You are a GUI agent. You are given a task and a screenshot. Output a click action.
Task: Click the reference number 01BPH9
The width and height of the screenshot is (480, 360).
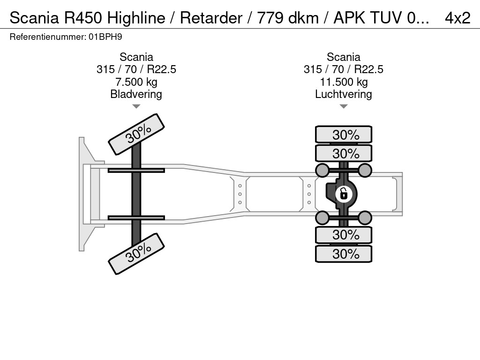click(105, 37)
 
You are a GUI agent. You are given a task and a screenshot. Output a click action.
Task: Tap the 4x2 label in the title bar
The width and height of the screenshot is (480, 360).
click(457, 18)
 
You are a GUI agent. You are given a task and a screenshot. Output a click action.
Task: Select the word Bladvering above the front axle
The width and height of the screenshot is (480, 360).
click(136, 94)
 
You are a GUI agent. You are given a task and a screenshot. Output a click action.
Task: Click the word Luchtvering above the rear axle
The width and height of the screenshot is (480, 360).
click(343, 94)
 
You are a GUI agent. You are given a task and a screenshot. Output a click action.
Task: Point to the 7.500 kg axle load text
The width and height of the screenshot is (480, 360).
click(136, 82)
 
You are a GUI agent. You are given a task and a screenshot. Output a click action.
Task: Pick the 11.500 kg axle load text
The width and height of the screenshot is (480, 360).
click(343, 82)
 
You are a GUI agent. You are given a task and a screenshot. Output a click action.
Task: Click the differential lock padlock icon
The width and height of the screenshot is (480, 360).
click(343, 193)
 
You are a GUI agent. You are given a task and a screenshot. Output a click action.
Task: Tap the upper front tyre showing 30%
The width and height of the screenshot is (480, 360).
click(137, 134)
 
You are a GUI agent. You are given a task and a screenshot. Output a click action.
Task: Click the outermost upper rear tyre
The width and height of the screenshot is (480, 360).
click(344, 135)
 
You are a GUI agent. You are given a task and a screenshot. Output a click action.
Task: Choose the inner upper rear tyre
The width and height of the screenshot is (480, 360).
click(344, 153)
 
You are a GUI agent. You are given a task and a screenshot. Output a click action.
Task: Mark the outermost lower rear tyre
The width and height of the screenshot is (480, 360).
click(344, 254)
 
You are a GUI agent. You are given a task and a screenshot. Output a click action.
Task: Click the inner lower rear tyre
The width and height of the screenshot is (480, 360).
click(344, 234)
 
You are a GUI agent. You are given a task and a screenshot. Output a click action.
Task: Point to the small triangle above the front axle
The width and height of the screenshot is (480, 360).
click(136, 107)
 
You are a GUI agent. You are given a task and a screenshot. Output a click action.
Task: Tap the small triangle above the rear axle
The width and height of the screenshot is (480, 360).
click(343, 107)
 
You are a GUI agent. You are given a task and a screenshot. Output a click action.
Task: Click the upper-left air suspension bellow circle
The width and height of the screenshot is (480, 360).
click(322, 170)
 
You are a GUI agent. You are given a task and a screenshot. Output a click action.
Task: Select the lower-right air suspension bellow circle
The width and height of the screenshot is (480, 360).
click(365, 217)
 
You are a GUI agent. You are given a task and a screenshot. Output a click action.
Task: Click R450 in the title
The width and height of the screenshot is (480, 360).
click(82, 18)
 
